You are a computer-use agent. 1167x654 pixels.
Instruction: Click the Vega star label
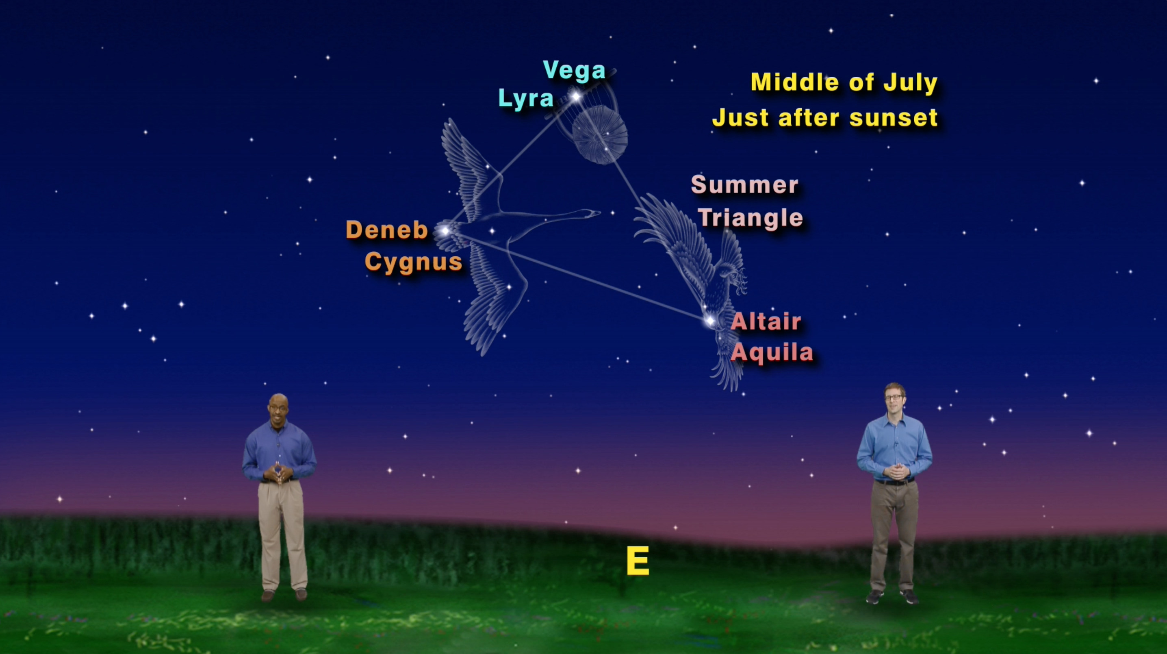tap(574, 70)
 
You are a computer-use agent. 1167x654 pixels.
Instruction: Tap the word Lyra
tap(526, 98)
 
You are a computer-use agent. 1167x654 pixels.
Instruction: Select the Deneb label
tap(386, 230)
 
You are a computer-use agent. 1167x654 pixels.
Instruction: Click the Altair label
tap(766, 322)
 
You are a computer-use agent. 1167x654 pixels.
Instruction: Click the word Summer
tap(744, 185)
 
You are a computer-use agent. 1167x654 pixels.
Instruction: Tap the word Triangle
tap(750, 218)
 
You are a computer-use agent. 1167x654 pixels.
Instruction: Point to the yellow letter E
tap(638, 560)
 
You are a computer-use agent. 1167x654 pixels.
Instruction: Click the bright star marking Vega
tap(576, 96)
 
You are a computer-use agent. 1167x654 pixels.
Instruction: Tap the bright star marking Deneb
tap(445, 231)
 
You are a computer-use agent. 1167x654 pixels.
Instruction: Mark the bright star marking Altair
tap(710, 321)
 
